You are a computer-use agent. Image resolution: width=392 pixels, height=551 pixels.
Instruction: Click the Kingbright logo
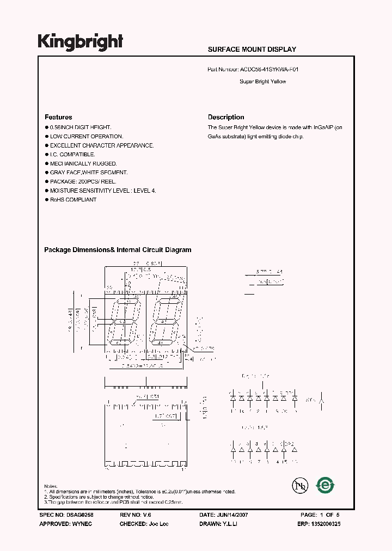click(80, 42)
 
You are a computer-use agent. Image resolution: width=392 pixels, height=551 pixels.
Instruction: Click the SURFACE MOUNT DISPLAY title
click(252, 50)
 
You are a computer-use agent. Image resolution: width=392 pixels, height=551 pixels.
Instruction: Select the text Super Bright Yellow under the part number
click(262, 82)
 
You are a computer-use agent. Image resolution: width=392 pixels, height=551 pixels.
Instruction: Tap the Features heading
click(58, 117)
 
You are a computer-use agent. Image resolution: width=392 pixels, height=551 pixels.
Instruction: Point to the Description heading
click(226, 117)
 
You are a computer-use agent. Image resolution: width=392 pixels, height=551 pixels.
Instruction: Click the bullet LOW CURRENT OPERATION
click(87, 136)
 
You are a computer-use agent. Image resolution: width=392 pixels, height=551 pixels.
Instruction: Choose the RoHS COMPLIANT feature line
click(73, 200)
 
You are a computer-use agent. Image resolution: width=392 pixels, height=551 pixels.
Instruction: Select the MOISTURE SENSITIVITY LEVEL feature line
click(103, 191)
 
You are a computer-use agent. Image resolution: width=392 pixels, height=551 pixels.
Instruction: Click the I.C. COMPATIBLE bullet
click(72, 155)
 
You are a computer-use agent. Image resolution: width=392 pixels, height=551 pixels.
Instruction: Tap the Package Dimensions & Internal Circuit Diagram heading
click(118, 250)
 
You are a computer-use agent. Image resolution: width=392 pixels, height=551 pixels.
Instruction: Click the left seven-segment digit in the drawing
click(122, 322)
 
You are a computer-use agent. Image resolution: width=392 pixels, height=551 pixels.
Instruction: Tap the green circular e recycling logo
click(326, 484)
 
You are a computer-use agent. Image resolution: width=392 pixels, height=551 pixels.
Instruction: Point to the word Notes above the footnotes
click(51, 486)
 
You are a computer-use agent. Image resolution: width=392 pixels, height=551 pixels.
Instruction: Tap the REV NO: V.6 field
click(134, 515)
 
